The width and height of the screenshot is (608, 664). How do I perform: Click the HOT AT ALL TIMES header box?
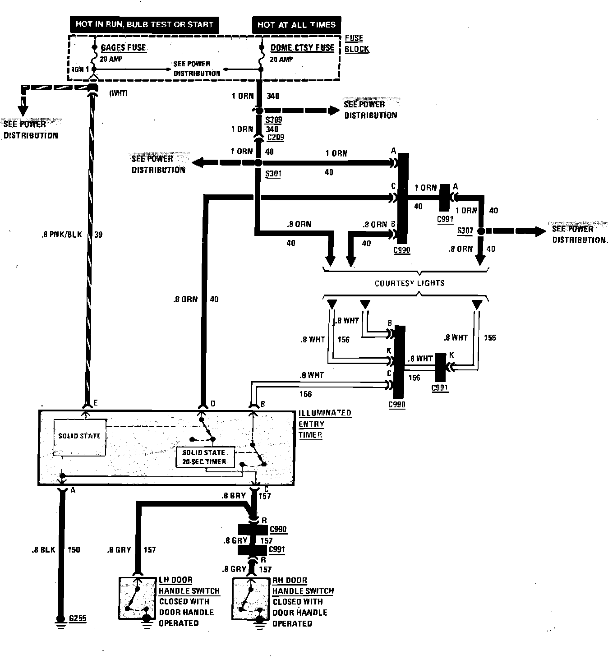[296, 25]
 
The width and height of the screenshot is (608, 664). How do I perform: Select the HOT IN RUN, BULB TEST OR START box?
[144, 24]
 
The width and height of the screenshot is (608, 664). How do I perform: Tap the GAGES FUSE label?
[123, 47]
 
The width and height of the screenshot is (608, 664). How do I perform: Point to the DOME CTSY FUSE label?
[302, 47]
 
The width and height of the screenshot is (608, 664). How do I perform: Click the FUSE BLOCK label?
[356, 43]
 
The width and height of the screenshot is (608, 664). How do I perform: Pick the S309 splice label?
[273, 120]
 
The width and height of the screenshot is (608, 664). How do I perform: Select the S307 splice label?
[465, 231]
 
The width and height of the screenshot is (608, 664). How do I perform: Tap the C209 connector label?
[275, 138]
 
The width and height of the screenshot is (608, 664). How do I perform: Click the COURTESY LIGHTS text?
[409, 283]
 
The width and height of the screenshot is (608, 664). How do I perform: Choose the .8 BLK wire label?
[43, 550]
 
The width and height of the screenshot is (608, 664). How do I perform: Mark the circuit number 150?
[74, 550]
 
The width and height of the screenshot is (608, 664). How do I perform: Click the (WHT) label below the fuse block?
[118, 93]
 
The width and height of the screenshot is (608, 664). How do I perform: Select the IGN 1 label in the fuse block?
[80, 69]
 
